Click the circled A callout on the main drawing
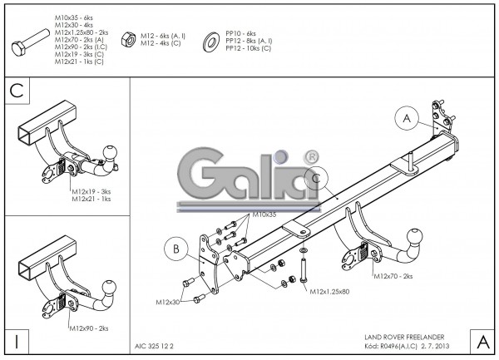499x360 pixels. tap(407, 120)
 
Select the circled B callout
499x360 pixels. tap(177, 248)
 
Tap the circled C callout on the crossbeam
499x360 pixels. tap(316, 178)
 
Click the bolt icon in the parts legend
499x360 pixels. tap(32, 43)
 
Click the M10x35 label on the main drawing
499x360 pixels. tap(265, 215)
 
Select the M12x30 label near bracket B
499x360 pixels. tap(168, 301)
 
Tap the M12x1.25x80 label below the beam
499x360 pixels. tap(329, 292)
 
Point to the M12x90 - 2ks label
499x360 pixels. tap(90, 328)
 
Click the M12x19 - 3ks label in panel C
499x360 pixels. tap(91, 190)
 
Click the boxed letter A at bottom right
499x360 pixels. tap(482, 340)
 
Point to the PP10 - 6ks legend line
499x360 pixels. tap(243, 32)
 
